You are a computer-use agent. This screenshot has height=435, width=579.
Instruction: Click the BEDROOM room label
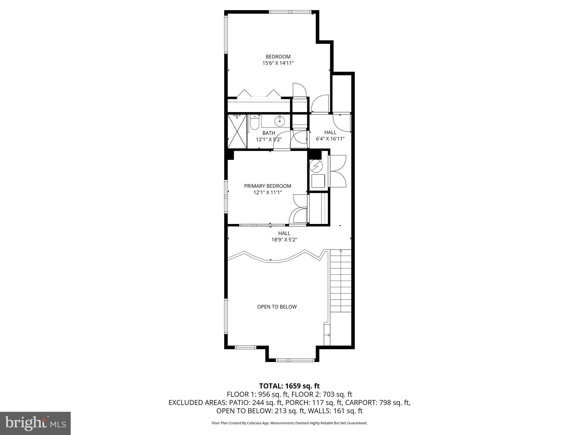(x=278, y=57)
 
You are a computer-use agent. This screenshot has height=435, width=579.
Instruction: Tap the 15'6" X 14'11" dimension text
(x=278, y=63)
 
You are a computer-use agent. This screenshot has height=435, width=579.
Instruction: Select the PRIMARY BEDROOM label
(x=267, y=186)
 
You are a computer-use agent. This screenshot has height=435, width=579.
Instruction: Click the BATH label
(x=269, y=133)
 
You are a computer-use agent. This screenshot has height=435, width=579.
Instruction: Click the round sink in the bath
(x=280, y=121)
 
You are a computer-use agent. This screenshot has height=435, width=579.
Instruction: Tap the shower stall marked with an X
(x=237, y=131)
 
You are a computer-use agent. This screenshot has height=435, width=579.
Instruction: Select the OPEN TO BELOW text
(x=277, y=307)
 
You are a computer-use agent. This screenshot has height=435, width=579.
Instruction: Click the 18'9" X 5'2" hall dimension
(x=284, y=240)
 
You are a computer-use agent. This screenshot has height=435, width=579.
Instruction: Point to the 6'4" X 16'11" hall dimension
(x=330, y=139)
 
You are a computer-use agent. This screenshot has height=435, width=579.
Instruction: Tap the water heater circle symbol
(x=316, y=166)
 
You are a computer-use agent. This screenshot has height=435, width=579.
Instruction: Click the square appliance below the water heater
(x=318, y=181)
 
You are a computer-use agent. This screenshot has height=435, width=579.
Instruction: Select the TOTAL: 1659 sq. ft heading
(x=289, y=386)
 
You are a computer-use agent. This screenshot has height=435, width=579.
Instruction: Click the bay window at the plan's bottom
(x=295, y=360)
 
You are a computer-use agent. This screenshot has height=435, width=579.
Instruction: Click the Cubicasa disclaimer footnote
(x=289, y=423)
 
